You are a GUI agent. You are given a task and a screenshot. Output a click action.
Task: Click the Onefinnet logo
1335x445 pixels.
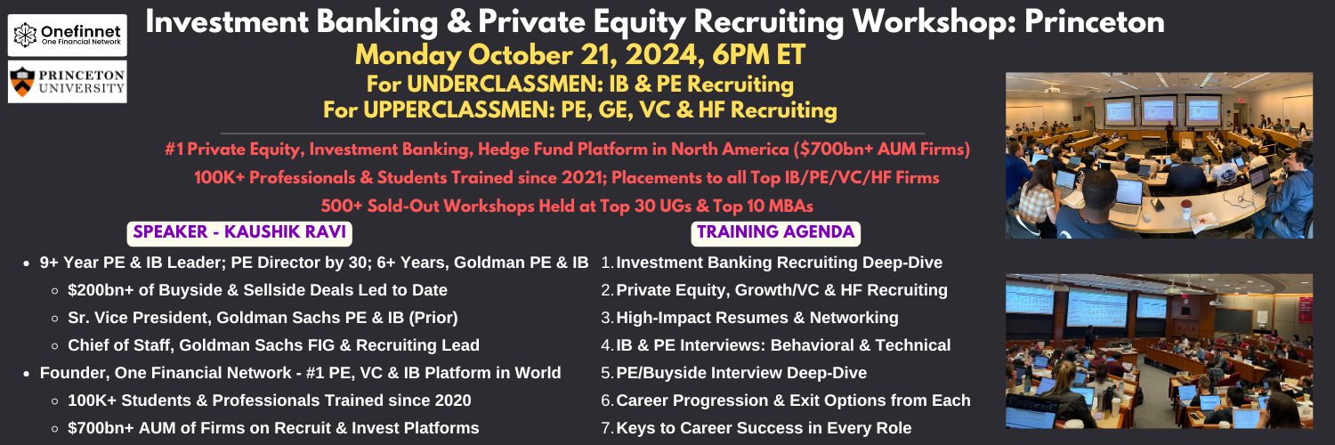pyautogui.click(x=67, y=35)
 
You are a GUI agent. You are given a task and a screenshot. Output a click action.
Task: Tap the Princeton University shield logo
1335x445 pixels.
pyautogui.click(x=22, y=82)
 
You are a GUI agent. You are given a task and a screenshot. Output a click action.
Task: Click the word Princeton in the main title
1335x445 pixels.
pyautogui.click(x=1095, y=22)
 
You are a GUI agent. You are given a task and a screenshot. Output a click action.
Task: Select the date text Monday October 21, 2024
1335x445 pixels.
pyautogui.click(x=526, y=55)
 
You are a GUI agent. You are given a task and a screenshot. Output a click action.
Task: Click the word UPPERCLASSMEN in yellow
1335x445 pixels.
pyautogui.click(x=458, y=110)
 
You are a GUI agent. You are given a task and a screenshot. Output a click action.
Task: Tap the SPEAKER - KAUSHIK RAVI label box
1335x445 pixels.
pyautogui.click(x=239, y=232)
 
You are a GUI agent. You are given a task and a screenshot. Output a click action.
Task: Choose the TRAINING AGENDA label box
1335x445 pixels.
pyautogui.click(x=775, y=232)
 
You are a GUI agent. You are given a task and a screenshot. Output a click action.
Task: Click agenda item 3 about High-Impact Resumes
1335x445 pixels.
pyautogui.click(x=749, y=318)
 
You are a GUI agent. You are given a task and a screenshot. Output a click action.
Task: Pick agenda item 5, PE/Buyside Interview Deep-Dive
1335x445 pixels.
pyautogui.click(x=733, y=373)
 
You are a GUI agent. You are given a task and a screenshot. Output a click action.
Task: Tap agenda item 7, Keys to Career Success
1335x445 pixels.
pyautogui.click(x=756, y=428)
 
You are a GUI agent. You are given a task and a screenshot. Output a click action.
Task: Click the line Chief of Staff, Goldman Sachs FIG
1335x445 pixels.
pyautogui.click(x=273, y=345)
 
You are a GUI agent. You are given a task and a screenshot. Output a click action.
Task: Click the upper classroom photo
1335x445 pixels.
pyautogui.click(x=1159, y=156)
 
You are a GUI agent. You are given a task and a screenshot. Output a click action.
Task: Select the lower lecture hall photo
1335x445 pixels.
pyautogui.click(x=1159, y=351)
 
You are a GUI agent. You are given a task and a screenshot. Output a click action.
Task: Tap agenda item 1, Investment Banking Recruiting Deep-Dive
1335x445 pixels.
pyautogui.click(x=772, y=263)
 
